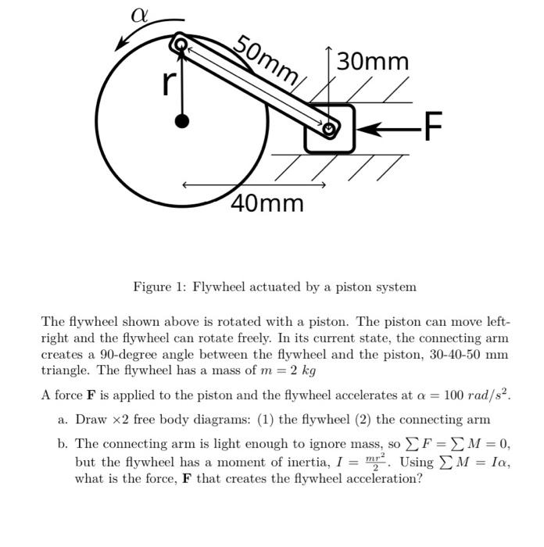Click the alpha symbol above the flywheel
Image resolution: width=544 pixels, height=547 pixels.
[139, 16]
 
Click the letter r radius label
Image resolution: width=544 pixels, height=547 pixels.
[166, 81]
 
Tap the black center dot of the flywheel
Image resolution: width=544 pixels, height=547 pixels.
[182, 120]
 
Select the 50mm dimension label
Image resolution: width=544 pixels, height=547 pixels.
[269, 59]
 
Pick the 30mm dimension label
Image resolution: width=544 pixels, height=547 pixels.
[373, 60]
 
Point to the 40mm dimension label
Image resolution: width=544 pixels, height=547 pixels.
[267, 203]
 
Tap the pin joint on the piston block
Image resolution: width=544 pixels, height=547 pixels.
[331, 129]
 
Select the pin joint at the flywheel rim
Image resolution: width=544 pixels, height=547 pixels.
[180, 42]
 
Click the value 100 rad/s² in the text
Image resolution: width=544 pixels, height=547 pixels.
[474, 395]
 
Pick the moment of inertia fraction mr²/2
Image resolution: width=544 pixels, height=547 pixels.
[380, 461]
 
